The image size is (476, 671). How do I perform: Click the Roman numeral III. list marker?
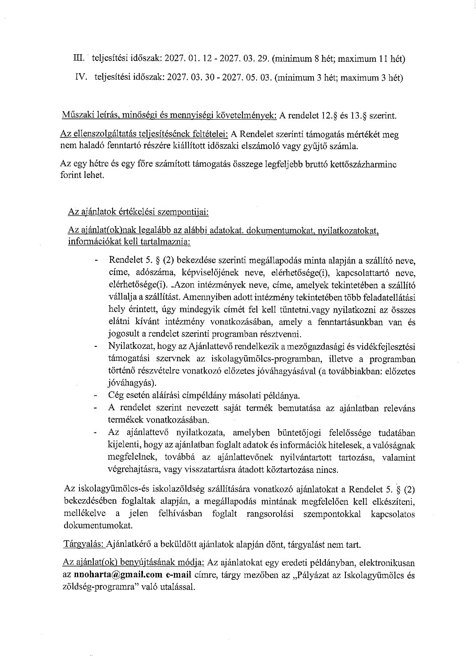[78, 59]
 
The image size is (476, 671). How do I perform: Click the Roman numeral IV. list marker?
[81, 77]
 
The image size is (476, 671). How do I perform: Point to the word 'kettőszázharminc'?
[367, 164]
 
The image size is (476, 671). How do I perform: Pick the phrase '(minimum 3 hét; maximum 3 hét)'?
[339, 77]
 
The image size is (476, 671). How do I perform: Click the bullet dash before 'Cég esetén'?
[96, 396]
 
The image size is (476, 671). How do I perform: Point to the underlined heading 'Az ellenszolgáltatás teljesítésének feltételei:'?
[144, 134]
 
